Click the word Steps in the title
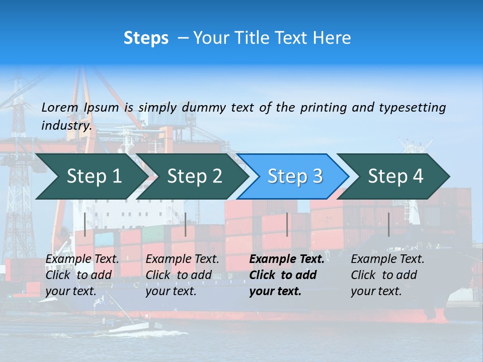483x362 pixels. coord(146,38)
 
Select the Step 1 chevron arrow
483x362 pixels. coord(94,176)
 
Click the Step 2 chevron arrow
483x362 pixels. coord(194,176)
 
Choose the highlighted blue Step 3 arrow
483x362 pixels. coord(295,176)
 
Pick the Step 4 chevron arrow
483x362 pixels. coord(395,176)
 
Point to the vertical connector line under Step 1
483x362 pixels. coord(85,224)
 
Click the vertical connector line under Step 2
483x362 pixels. coord(186,224)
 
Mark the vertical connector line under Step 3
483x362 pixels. coord(287,224)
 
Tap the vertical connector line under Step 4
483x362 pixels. coord(388,224)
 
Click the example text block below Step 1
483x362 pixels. coord(82,275)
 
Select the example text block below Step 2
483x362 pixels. coord(182,275)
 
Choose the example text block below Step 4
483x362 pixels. coord(387,275)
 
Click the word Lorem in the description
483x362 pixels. coord(60,108)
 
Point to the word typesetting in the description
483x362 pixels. coord(412,108)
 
